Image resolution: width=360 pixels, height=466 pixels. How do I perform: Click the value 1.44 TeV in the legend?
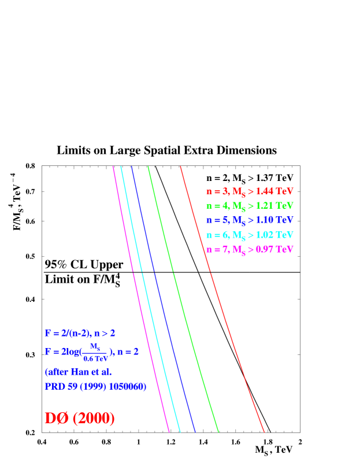[x=275, y=191]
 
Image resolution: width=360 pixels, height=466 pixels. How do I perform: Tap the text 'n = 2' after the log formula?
[x=128, y=352]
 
